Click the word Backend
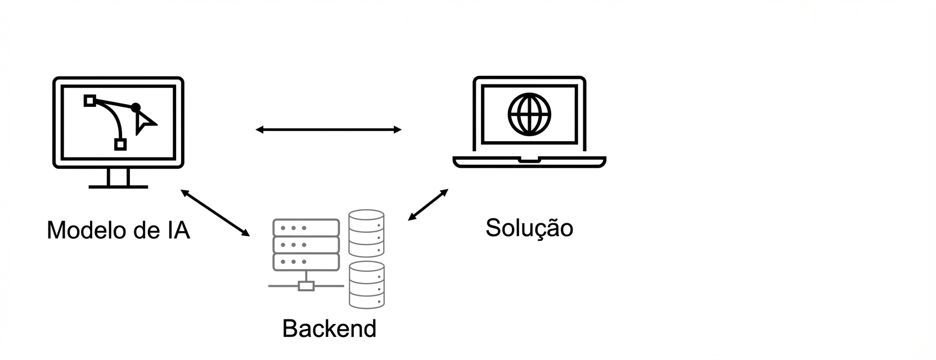click(x=329, y=328)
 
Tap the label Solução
click(x=529, y=228)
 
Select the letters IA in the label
click(x=178, y=231)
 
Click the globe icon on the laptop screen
click(x=529, y=114)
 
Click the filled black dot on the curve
click(x=136, y=107)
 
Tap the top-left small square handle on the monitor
click(x=89, y=101)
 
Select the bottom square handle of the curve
click(x=120, y=145)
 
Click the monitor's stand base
click(x=118, y=186)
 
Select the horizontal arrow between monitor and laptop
click(x=328, y=130)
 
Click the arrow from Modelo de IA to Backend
click(x=215, y=213)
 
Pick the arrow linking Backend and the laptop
click(x=428, y=205)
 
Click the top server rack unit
click(x=306, y=228)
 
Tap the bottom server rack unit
click(x=306, y=262)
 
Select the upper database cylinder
click(x=366, y=233)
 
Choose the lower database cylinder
click(x=366, y=285)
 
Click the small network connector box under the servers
click(x=306, y=286)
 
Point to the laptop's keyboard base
click(x=529, y=162)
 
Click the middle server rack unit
click(x=306, y=245)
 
